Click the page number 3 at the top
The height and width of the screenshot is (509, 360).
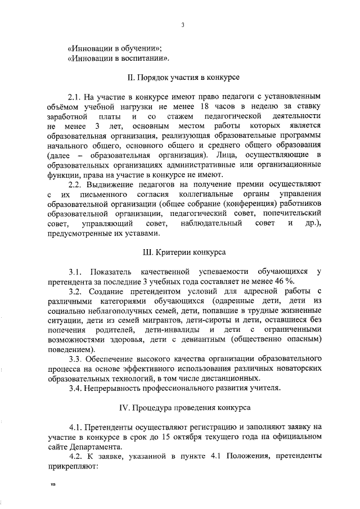click(183, 25)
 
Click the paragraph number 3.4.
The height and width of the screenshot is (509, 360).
click(76, 388)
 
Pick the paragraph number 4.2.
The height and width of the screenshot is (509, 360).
click(76, 457)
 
